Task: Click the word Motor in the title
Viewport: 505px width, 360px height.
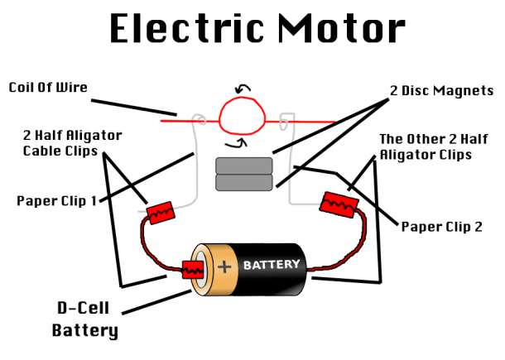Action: coord(341,28)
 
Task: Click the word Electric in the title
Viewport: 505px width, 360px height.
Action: coord(186,28)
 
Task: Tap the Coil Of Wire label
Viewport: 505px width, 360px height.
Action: coord(48,87)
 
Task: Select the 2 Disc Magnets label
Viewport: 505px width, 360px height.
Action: coord(441,90)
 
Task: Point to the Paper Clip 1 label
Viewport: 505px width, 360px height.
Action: coord(56,200)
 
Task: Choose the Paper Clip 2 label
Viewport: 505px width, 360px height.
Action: coord(442,227)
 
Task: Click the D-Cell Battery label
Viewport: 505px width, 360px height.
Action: coord(84,319)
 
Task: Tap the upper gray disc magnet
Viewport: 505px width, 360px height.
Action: coord(244,166)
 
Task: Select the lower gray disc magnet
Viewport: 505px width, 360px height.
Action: coord(244,183)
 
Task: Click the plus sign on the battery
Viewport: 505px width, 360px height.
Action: coord(224,267)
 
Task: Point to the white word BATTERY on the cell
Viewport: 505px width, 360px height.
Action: coord(272,265)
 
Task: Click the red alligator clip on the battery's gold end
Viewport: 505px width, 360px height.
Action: coord(193,270)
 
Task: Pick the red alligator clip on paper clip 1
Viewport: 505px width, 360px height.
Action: coord(161,213)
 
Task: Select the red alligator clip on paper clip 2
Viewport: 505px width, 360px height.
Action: coord(339,204)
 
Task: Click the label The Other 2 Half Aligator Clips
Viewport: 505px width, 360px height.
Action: coord(434,146)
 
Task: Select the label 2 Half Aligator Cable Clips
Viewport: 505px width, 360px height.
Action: coord(73,143)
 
